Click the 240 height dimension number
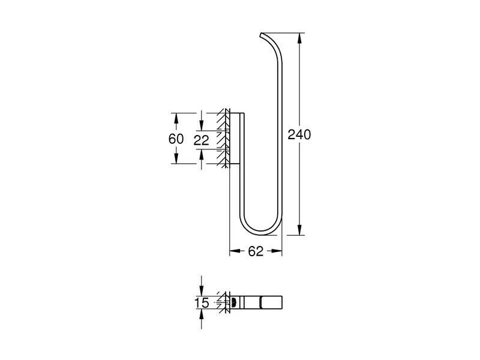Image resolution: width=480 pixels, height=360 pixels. click(299, 135)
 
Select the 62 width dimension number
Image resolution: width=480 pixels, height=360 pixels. click(256, 252)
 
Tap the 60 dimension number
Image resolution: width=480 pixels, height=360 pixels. click(176, 139)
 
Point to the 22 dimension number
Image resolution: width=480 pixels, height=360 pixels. click(202, 140)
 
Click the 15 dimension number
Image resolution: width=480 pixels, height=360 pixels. click(202, 304)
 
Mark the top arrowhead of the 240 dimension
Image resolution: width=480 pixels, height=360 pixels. click(299, 35)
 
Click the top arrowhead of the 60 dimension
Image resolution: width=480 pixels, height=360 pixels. click(176, 116)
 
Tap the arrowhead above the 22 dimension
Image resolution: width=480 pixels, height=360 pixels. click(202, 127)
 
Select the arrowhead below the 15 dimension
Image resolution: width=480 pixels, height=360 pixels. click(202, 314)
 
